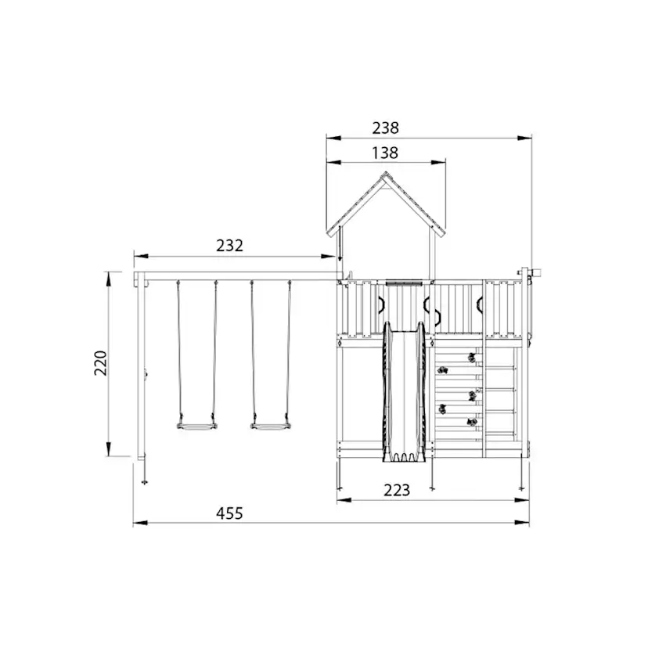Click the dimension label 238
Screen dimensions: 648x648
[385, 128]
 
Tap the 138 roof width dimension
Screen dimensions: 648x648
[385, 153]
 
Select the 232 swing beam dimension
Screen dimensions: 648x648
[229, 246]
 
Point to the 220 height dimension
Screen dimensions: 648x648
[101, 363]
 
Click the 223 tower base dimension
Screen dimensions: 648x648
[397, 490]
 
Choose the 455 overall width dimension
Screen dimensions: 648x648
[229, 513]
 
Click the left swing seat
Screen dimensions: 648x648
[196, 426]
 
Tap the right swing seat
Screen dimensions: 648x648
[270, 426]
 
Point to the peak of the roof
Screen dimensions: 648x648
[386, 173]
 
